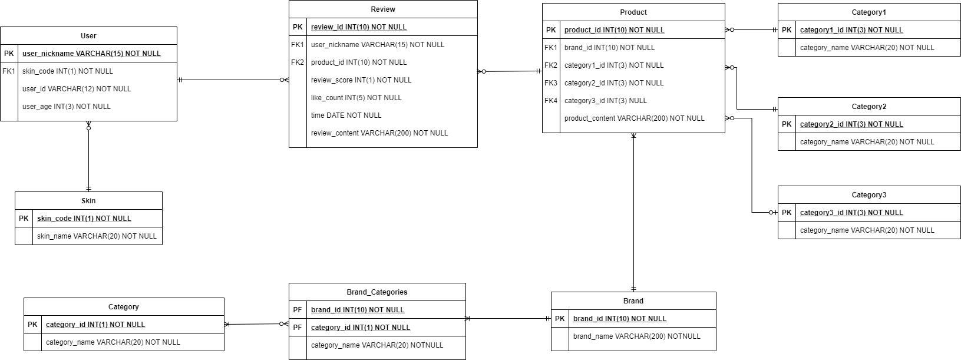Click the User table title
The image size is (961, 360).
coord(88,36)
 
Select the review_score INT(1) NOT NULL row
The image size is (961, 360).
coord(361,80)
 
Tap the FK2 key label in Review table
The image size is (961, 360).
coord(298,62)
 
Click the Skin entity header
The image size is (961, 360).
coord(88,201)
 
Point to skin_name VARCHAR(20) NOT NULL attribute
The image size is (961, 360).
coord(97,236)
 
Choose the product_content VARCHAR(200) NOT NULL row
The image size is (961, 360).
coord(634,118)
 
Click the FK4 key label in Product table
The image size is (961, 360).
coord(551,101)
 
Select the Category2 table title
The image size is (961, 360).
coord(869,107)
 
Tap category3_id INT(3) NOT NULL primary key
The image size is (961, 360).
coord(851,213)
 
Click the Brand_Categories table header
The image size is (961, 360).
coord(377,292)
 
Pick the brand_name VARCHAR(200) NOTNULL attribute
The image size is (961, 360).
coord(636,336)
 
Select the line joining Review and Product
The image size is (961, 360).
coord(510,71)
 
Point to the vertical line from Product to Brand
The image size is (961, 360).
coord(634,212)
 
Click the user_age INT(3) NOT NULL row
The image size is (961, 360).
coord(66,107)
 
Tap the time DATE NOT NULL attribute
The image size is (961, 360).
coord(346,115)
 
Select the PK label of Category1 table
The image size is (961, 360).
coord(787,30)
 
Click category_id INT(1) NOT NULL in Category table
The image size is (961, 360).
coord(95,325)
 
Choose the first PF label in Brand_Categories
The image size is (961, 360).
coord(298,310)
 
